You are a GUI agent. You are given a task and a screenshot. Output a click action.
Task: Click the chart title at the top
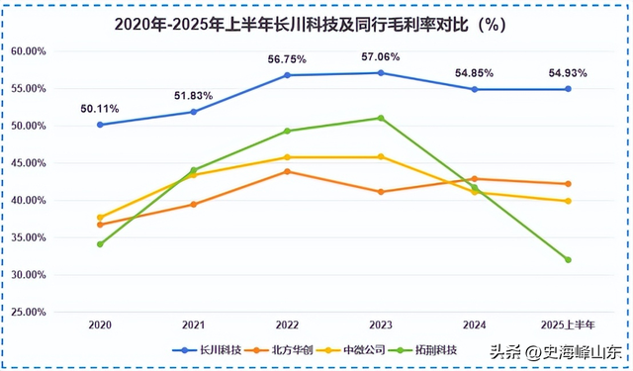point(316,25)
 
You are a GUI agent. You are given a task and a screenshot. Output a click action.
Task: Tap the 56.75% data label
point(288,58)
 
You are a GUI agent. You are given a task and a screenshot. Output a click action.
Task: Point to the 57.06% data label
point(382,57)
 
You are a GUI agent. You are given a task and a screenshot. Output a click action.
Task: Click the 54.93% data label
point(569,73)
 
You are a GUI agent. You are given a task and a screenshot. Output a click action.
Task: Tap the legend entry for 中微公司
point(351,349)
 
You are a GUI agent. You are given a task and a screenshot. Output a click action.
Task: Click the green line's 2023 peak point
point(381,118)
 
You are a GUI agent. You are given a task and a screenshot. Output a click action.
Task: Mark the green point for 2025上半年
point(568,260)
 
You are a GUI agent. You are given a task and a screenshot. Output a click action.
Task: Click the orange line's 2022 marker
point(287,171)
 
